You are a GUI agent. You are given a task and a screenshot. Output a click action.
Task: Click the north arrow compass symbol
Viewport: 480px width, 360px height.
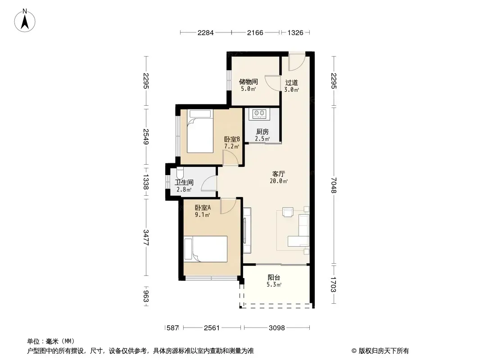(25, 21)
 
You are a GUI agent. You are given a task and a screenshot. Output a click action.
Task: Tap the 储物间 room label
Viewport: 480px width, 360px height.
(248, 81)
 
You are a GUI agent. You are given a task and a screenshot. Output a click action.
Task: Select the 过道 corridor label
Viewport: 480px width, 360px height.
(291, 83)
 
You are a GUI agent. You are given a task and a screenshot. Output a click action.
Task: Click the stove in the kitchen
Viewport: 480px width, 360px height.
(259, 114)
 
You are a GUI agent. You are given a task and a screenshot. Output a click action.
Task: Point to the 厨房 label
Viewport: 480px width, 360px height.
(263, 131)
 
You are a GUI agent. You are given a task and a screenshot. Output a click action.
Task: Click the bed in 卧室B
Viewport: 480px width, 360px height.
(200, 131)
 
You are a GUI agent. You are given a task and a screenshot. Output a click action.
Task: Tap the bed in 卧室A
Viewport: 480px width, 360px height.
(205, 249)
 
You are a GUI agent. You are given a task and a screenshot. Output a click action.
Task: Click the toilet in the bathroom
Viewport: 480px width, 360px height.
(180, 173)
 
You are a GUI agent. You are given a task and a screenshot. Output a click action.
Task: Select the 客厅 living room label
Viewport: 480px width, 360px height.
(279, 174)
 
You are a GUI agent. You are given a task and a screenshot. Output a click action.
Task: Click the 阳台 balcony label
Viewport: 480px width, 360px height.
(274, 277)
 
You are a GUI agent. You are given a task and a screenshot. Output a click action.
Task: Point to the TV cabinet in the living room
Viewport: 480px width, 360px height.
(247, 230)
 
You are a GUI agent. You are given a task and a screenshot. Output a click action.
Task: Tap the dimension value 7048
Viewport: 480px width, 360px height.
(334, 185)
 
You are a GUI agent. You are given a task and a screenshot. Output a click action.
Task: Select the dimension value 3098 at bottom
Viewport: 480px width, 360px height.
(277, 328)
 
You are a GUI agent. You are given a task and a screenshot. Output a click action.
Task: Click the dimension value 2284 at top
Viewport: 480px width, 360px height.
(205, 33)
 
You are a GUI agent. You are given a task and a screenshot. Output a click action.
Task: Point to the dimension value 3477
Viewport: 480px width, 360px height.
(146, 237)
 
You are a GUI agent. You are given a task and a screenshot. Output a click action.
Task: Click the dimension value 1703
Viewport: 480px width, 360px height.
(334, 284)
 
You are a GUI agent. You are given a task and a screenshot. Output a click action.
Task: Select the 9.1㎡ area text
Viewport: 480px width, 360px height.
(202, 215)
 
